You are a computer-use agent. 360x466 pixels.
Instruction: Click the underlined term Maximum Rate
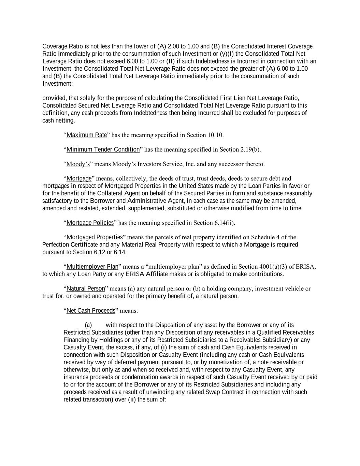(87, 135)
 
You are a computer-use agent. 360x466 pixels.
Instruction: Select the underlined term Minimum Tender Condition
(103, 149)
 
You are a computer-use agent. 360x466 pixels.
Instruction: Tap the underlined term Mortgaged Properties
(95, 237)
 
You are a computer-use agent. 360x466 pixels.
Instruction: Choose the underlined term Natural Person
(86, 288)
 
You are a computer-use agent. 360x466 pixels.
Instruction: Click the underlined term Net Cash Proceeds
(91, 311)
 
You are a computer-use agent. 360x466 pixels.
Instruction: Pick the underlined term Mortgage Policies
(90, 223)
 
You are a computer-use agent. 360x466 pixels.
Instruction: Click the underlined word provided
(54, 98)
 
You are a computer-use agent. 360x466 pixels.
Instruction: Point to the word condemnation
(122, 377)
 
